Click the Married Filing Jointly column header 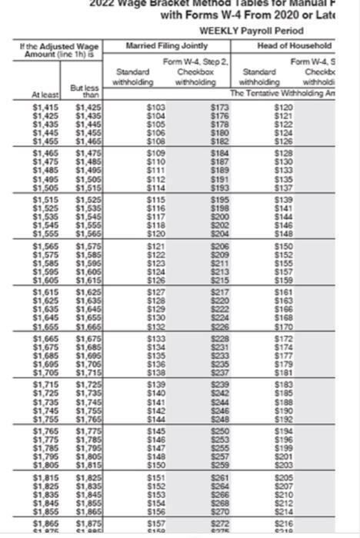[156, 46]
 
